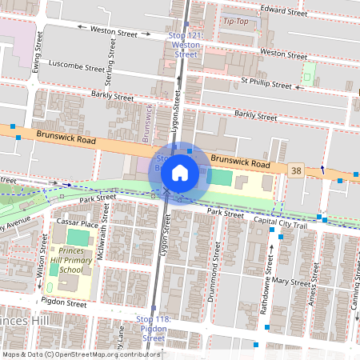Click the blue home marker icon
point(180,172)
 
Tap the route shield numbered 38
point(297,171)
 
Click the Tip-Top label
point(236,21)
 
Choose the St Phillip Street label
point(266,82)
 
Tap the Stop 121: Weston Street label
point(186,46)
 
